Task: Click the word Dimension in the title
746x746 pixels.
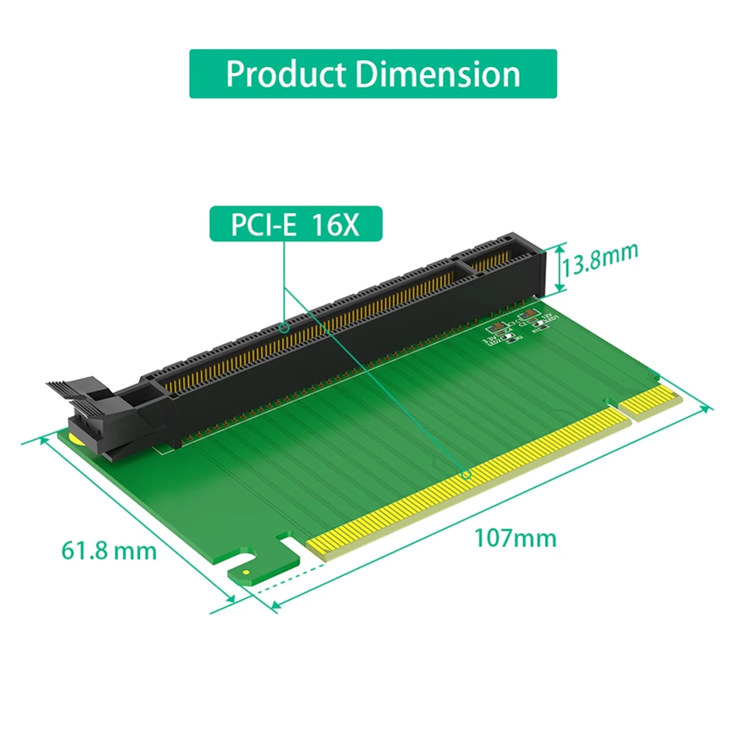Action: pos(438,74)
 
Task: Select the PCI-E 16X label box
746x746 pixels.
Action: pos(296,224)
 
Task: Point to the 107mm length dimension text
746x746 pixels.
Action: pos(515,538)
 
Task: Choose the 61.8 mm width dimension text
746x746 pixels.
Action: pos(109,550)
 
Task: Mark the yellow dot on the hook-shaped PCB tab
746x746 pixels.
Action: pos(246,571)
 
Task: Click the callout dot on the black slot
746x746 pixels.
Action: pos(285,326)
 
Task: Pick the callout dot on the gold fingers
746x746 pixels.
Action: pos(466,475)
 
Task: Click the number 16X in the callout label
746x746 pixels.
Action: pos(336,224)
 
